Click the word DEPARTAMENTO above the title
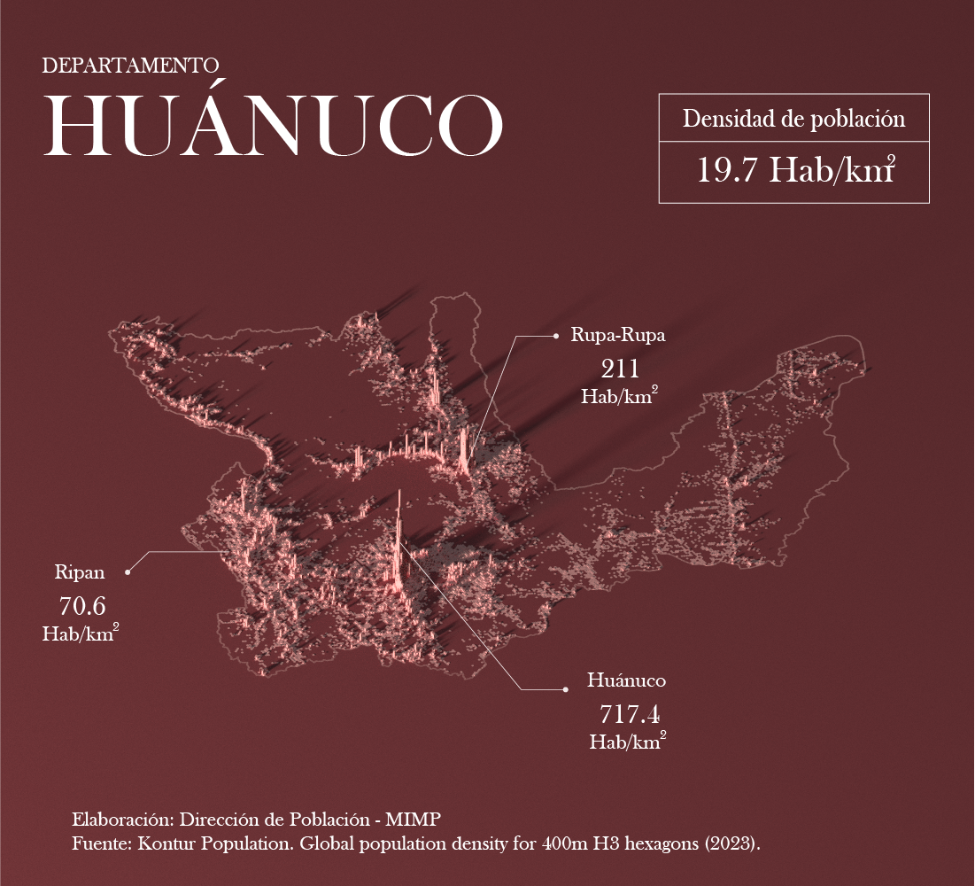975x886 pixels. (130, 66)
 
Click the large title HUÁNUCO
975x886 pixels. (274, 125)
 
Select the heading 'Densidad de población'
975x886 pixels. (793, 120)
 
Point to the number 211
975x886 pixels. (619, 369)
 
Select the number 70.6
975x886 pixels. (81, 606)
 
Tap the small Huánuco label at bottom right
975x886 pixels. (626, 680)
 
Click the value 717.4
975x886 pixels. (629, 713)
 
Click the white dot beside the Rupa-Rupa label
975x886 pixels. (555, 336)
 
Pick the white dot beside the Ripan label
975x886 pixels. (128, 572)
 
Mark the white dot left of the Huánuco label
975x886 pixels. (565, 688)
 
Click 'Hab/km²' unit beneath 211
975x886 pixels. (619, 396)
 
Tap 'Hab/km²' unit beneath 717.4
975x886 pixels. (628, 742)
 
